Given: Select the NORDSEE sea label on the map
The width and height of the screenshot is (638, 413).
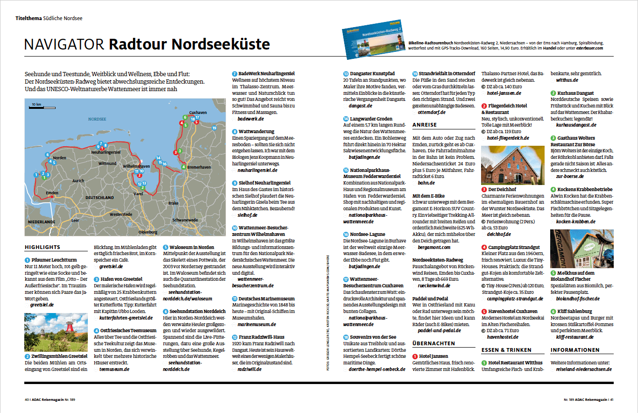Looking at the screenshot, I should [x=97, y=119].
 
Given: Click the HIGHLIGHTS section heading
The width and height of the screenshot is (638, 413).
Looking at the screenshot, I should [x=43, y=247].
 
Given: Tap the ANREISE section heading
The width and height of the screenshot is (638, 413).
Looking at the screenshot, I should [x=425, y=125].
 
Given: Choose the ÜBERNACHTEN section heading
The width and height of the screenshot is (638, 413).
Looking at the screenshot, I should [x=433, y=343].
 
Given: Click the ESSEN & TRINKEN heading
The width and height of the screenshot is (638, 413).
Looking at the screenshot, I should [x=506, y=350].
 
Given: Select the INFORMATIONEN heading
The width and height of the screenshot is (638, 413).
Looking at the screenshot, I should [x=575, y=350].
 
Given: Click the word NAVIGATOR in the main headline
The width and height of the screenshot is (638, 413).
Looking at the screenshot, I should [x=64, y=44].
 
